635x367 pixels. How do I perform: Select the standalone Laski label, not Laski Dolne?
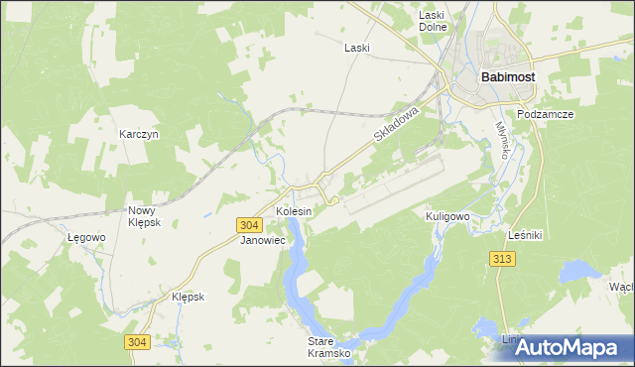coord(356,48)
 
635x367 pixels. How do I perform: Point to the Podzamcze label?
coord(546,114)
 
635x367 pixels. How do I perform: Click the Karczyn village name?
coord(139,134)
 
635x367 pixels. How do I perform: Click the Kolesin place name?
coord(295,212)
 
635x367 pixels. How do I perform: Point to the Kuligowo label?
coord(446,216)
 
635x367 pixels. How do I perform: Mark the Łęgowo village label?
coord(86,238)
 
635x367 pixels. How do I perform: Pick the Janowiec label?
coord(263,240)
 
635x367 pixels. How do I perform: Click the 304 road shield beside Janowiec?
coord(250,225)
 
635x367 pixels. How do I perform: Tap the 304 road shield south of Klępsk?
coord(138,342)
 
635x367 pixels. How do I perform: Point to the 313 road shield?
coord(503,259)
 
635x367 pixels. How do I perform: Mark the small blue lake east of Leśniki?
coord(577,272)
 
